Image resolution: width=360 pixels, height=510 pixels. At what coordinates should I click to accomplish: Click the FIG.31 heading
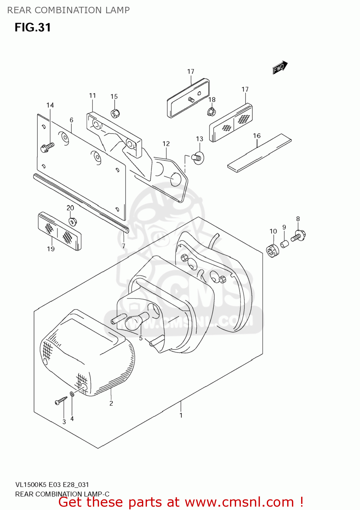tap(33, 28)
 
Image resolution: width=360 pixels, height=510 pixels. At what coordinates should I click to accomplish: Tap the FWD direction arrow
tap(280, 68)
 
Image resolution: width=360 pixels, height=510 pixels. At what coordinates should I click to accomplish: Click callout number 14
tap(50, 105)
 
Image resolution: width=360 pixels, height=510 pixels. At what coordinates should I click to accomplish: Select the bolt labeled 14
tap(47, 148)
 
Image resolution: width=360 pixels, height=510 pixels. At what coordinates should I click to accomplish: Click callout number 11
tap(93, 96)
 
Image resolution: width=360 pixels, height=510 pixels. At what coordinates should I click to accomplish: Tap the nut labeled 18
tap(212, 111)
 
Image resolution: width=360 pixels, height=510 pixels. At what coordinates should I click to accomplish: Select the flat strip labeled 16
tap(259, 153)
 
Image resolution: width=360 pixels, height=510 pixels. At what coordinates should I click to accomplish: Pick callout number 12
tap(166, 144)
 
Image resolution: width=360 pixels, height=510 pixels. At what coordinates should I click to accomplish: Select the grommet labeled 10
tap(272, 251)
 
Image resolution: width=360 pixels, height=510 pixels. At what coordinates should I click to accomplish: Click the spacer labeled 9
tap(284, 244)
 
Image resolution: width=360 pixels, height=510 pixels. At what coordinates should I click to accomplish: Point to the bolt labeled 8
tap(298, 236)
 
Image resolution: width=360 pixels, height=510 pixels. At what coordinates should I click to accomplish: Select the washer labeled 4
tap(72, 394)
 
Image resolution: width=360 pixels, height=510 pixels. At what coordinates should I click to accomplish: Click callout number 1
tap(181, 415)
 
